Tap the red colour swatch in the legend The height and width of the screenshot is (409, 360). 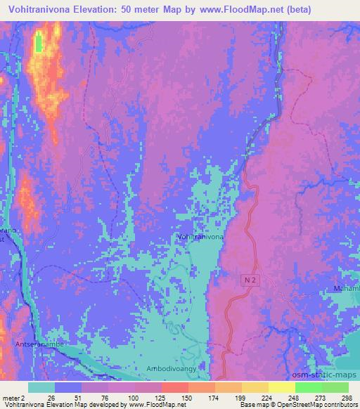[x=174, y=387]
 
